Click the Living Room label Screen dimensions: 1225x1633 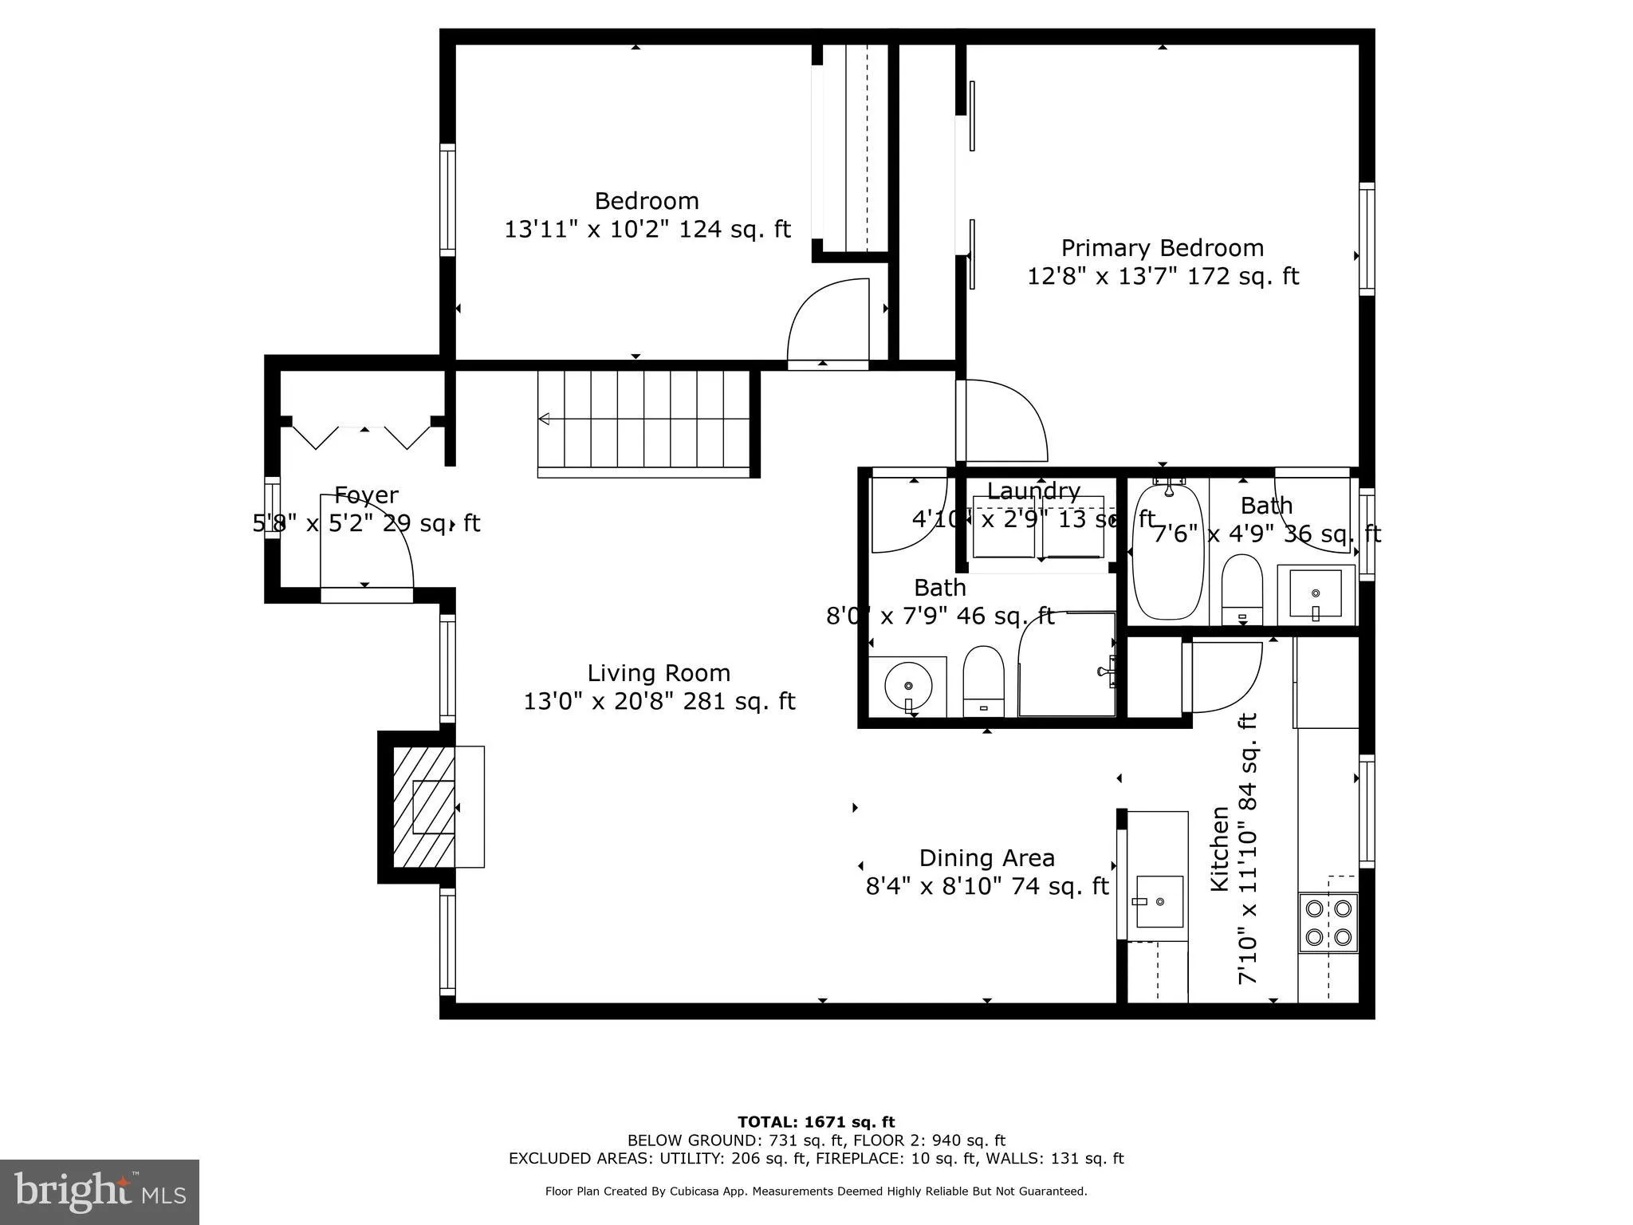click(659, 673)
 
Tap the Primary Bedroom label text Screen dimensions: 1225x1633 click(1162, 248)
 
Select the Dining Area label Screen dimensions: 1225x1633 click(986, 858)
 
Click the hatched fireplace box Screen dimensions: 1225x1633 click(423, 806)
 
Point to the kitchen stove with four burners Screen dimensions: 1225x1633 click(1328, 922)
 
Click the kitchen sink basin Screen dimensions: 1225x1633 click(1159, 901)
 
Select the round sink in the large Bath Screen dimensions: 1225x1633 click(907, 686)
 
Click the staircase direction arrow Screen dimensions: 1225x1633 click(545, 419)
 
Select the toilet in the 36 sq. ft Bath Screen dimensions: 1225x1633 click(1241, 590)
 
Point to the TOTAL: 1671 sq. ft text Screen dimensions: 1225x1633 click(816, 1122)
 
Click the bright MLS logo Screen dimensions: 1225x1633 click(100, 1192)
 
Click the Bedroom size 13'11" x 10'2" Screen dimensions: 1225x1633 click(647, 230)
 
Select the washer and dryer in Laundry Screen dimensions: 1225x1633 click(1037, 528)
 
